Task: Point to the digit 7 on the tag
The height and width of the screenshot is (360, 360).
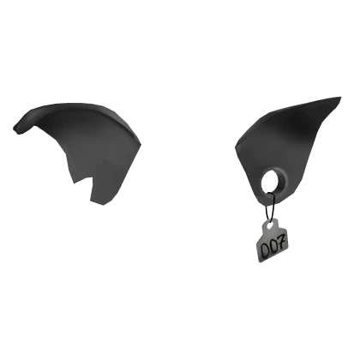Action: [x=282, y=247]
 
